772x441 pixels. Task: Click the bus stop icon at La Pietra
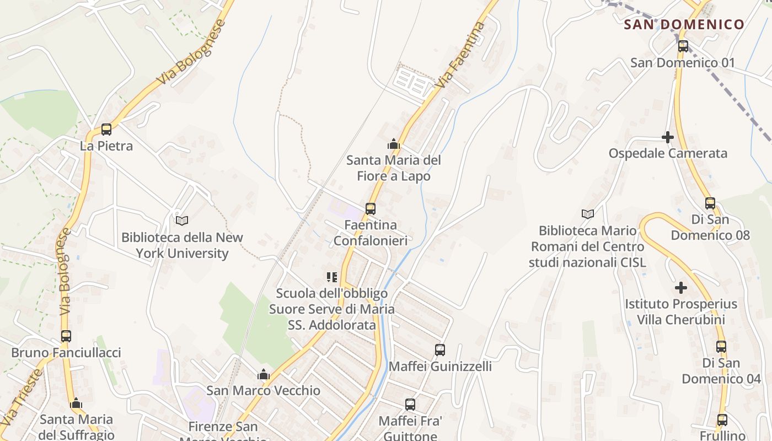pyautogui.click(x=106, y=130)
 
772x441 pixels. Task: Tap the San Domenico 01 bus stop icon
pyautogui.click(x=683, y=46)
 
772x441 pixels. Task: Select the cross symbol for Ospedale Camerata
pyautogui.click(x=668, y=137)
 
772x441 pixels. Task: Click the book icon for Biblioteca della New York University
pyautogui.click(x=182, y=220)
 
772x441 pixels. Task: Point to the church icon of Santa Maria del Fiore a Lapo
pyautogui.click(x=394, y=144)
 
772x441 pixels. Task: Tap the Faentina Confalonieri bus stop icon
pyautogui.click(x=371, y=209)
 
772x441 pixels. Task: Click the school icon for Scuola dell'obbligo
pyautogui.click(x=332, y=277)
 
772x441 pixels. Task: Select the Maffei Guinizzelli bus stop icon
pyautogui.click(x=440, y=349)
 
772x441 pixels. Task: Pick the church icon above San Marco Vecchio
pyautogui.click(x=264, y=374)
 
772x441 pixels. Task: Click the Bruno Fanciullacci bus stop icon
pyautogui.click(x=66, y=336)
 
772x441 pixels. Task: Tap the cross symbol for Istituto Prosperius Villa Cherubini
pyautogui.click(x=681, y=288)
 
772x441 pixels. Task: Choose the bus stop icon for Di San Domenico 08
pyautogui.click(x=710, y=203)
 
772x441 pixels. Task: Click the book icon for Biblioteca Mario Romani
pyautogui.click(x=588, y=214)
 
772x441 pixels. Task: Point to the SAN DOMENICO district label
pyautogui.click(x=684, y=24)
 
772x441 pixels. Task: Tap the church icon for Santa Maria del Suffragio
pyautogui.click(x=76, y=403)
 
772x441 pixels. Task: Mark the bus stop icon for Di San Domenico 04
pyautogui.click(x=721, y=347)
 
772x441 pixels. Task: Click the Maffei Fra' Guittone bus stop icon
pyautogui.click(x=410, y=405)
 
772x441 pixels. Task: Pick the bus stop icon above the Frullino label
pyautogui.click(x=722, y=420)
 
